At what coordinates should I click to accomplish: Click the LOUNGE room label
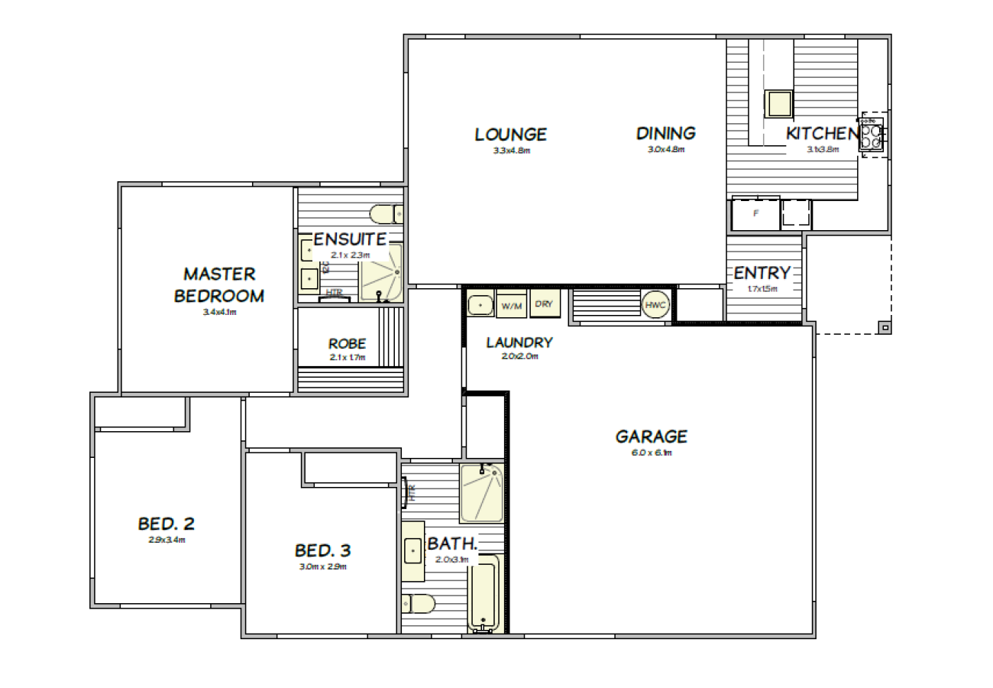coord(510,135)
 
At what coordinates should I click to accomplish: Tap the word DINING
coord(666,134)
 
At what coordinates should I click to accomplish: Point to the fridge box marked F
coord(755,213)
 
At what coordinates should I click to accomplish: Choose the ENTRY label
coord(762,273)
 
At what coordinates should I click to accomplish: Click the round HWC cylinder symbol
coord(655,304)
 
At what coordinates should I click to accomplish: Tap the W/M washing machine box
coord(511,305)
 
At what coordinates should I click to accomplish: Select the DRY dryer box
coord(544,303)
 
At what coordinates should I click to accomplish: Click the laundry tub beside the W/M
coord(480,303)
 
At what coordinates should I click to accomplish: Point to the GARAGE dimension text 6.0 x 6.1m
coord(652,453)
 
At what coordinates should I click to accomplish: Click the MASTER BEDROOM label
coord(219,284)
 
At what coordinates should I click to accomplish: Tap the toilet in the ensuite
coord(384,213)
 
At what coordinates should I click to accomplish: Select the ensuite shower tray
coord(382,271)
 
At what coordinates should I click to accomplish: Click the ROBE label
coord(348,344)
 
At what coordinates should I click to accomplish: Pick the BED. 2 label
coord(167,524)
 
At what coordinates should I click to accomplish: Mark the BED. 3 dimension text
coord(323,566)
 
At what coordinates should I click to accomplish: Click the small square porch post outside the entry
coord(885,327)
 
